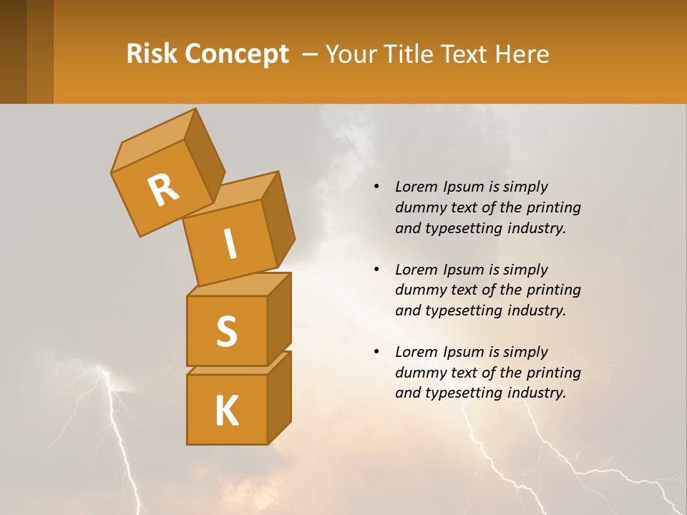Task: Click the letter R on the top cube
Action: (163, 190)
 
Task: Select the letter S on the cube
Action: (226, 331)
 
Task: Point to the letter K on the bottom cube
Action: (226, 411)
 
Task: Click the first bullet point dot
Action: (376, 187)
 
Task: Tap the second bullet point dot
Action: (376, 270)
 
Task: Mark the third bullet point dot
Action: (376, 352)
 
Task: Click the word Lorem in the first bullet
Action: (415, 187)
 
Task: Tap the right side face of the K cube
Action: (279, 397)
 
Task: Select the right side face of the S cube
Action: (279, 318)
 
